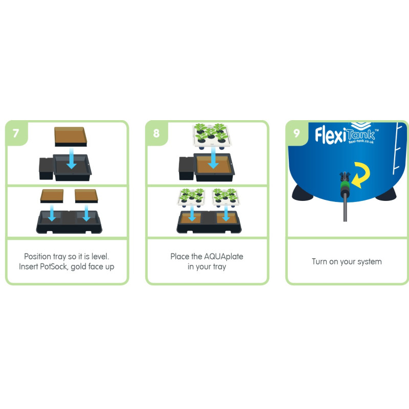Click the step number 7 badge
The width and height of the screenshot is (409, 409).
tap(16, 133)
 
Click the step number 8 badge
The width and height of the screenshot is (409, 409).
tap(156, 133)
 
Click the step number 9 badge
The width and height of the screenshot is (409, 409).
tap(297, 133)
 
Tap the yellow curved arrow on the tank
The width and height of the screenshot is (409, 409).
tap(361, 174)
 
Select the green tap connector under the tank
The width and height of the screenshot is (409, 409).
tap(345, 186)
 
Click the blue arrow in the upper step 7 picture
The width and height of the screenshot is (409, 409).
tap(71, 158)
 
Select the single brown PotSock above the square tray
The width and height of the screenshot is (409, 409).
tap(71, 137)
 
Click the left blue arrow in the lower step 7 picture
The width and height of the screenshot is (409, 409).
tap(52, 213)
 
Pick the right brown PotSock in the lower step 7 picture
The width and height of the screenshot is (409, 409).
tap(86, 196)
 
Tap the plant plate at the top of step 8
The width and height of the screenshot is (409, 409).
tap(212, 135)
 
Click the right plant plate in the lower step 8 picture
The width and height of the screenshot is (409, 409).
tap(226, 197)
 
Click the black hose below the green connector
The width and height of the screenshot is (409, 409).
tap(345, 208)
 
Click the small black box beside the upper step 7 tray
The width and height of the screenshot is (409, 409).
tap(46, 169)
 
